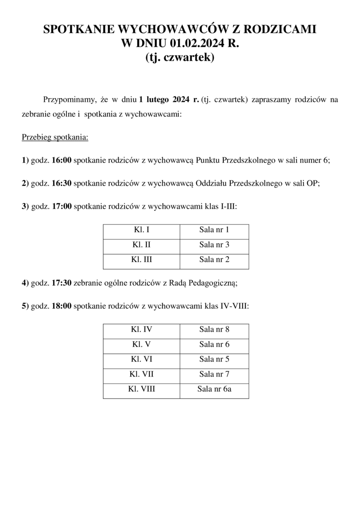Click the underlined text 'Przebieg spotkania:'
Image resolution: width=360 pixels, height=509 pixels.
(x=55, y=138)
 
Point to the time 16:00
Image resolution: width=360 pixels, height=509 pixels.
(x=61, y=160)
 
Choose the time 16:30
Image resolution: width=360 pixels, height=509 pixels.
(x=61, y=183)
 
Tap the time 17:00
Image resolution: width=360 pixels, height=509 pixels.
(x=61, y=206)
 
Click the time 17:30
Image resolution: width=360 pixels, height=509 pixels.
(x=61, y=283)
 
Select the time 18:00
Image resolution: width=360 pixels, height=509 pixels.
(x=61, y=306)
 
